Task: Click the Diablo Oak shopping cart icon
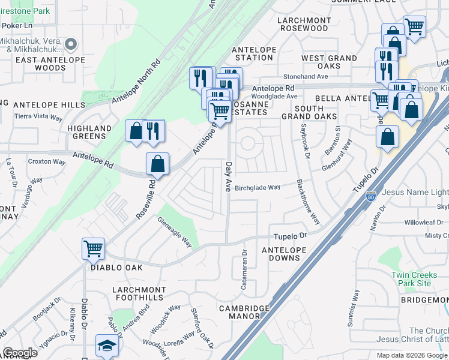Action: (x=93, y=248)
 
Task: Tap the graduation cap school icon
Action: (x=106, y=346)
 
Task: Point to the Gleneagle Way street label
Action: (x=174, y=232)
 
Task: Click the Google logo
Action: (x=20, y=353)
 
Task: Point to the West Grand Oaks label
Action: (x=329, y=62)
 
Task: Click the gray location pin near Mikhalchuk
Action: (x=71, y=44)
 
